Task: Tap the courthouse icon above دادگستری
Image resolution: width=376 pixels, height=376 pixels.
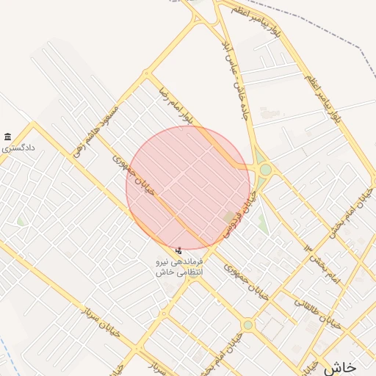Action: (x=7, y=137)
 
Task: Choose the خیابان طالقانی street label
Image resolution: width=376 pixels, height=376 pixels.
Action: (x=319, y=313)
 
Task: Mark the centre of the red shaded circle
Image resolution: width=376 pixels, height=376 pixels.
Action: (x=188, y=188)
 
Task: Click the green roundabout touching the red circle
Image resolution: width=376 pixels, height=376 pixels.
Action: (x=265, y=170)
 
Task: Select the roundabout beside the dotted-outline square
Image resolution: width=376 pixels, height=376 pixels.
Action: (x=248, y=324)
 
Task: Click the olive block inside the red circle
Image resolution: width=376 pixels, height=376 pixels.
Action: (x=231, y=217)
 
